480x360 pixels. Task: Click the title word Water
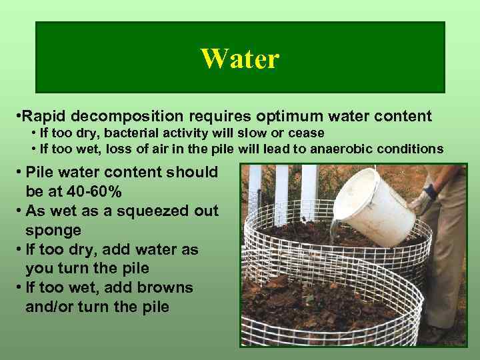pyautogui.click(x=239, y=59)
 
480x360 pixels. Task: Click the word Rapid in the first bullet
pyautogui.click(x=48, y=117)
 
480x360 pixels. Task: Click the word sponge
pyautogui.click(x=53, y=230)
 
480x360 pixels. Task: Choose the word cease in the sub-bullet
pyautogui.click(x=309, y=133)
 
